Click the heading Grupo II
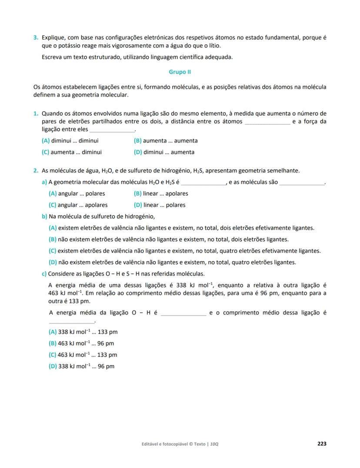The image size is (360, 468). point(180,72)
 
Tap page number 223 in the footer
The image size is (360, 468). point(322,444)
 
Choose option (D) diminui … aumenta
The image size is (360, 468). point(164,152)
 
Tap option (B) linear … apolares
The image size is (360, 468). point(161,194)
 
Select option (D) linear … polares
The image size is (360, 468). point(160,205)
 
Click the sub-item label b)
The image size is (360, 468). point(44,216)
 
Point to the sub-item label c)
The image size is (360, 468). point(44,274)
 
